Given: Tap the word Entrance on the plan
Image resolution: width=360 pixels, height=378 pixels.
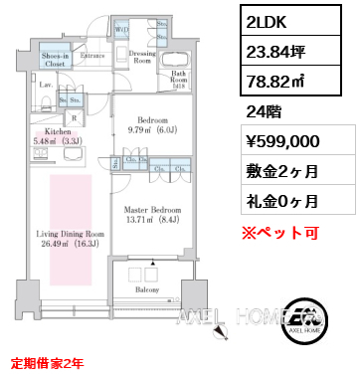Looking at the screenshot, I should [93, 57].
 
